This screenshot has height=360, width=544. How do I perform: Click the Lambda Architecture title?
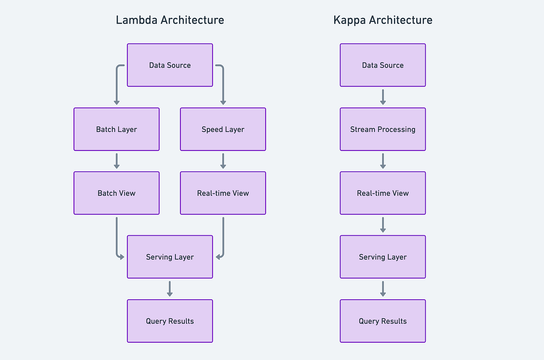click(x=170, y=20)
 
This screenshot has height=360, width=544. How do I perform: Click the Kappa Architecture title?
click(x=383, y=20)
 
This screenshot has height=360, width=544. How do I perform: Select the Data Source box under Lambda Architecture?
click(x=170, y=65)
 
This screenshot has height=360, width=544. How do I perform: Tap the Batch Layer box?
click(x=117, y=129)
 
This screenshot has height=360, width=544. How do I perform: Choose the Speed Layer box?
click(x=223, y=129)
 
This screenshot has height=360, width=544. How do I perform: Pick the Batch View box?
click(x=117, y=193)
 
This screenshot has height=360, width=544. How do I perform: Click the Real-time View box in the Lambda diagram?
click(x=223, y=193)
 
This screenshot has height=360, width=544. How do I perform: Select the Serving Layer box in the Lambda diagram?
click(x=170, y=257)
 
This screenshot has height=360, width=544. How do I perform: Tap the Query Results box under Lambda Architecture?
click(x=170, y=321)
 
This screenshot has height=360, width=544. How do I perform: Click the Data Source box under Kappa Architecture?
click(x=383, y=65)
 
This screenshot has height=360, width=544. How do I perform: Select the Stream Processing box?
click(x=383, y=129)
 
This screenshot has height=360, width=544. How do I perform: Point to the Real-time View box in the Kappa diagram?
click(x=383, y=193)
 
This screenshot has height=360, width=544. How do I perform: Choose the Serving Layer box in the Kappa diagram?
click(x=383, y=257)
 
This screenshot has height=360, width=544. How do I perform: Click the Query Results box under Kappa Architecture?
click(x=383, y=321)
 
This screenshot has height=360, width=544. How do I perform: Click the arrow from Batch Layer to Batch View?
click(x=117, y=161)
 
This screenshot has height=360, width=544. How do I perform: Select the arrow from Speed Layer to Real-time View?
click(x=223, y=161)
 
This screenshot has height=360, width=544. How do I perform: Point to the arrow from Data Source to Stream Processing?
click(x=383, y=97)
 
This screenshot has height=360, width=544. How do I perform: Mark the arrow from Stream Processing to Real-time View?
click(x=383, y=161)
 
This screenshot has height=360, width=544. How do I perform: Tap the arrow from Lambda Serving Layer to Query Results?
click(x=170, y=289)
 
